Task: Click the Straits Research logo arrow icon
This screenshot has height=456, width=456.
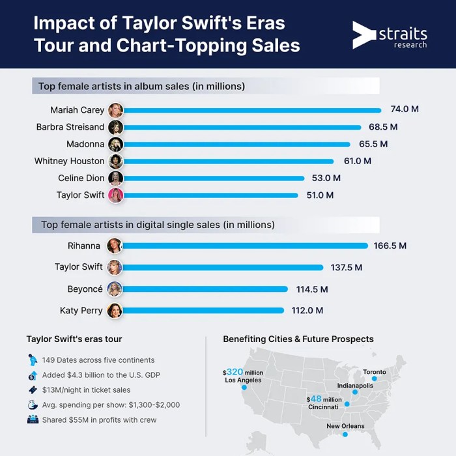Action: pos(363,35)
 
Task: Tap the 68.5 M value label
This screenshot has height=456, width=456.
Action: pos(383,127)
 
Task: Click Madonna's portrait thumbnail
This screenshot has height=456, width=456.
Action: pos(116,144)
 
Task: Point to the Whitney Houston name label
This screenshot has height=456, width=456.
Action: pos(69,161)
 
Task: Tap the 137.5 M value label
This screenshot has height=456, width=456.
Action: pos(345,267)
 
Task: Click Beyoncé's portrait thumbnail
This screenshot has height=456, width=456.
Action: pos(115,289)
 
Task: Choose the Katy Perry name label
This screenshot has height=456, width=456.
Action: pos(81,311)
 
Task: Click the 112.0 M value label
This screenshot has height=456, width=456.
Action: pos(306,311)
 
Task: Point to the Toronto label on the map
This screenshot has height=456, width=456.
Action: pos(375,372)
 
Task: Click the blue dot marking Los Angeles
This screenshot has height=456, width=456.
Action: pos(244,388)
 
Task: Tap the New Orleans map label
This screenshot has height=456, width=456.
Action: pos(346,426)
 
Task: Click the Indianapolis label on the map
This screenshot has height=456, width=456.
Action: pos(355,386)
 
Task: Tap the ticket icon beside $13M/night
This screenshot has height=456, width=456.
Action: pos(33,390)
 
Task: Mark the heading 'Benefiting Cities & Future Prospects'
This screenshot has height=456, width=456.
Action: pos(298,339)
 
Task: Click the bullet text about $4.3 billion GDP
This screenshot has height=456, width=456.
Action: pos(101,375)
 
